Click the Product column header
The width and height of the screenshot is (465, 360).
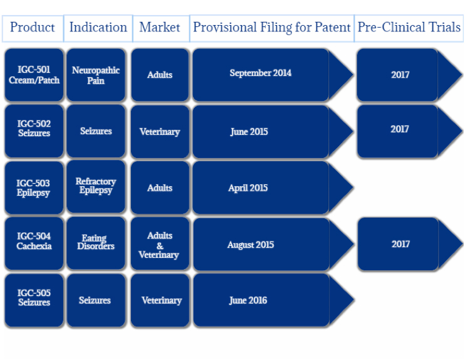pyautogui.click(x=33, y=28)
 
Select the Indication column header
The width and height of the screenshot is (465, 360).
pyautogui.click(x=98, y=28)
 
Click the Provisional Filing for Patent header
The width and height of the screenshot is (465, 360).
pyautogui.click(x=272, y=28)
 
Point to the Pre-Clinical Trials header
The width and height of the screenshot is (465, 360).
pyautogui.click(x=409, y=28)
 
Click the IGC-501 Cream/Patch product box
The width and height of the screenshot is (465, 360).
pyautogui.click(x=34, y=75)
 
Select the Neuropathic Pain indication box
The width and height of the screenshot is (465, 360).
pyautogui.click(x=96, y=75)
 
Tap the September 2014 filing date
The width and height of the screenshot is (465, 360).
pyautogui.click(x=261, y=73)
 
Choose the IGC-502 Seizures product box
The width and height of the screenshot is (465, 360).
pyautogui.click(x=34, y=131)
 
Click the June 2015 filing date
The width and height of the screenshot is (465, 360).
pyautogui.click(x=249, y=132)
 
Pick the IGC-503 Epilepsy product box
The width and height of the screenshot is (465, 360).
pyautogui.click(x=34, y=188)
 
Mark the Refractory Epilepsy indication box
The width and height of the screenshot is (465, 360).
pyautogui.click(x=96, y=187)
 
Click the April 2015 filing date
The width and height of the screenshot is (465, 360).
pyautogui.click(x=248, y=188)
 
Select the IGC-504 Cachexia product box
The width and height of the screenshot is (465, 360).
pyautogui.click(x=34, y=243)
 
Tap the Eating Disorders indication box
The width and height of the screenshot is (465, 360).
pyautogui.click(x=96, y=243)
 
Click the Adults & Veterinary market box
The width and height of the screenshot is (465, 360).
pyautogui.click(x=160, y=244)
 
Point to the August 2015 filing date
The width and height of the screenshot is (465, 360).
pyautogui.click(x=251, y=245)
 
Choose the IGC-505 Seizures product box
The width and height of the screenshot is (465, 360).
pyautogui.click(x=34, y=300)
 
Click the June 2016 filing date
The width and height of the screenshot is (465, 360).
pyautogui.click(x=248, y=300)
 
